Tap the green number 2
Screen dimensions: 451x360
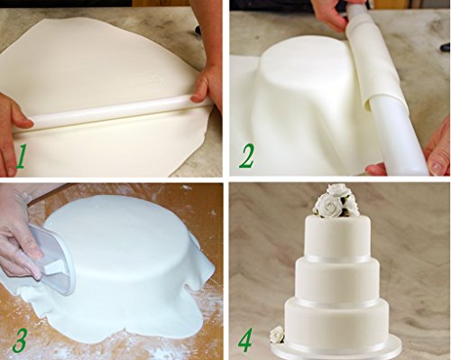(246, 156)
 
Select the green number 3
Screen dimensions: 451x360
(20, 340)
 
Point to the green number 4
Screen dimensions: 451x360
(245, 339)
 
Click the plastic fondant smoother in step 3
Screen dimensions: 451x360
(51, 259)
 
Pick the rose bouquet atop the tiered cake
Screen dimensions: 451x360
(336, 201)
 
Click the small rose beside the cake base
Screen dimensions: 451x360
(277, 335)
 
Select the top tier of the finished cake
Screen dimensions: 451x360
(337, 237)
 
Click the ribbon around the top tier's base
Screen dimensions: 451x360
(337, 259)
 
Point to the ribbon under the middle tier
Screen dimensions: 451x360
(337, 302)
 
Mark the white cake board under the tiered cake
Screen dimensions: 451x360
(336, 353)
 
